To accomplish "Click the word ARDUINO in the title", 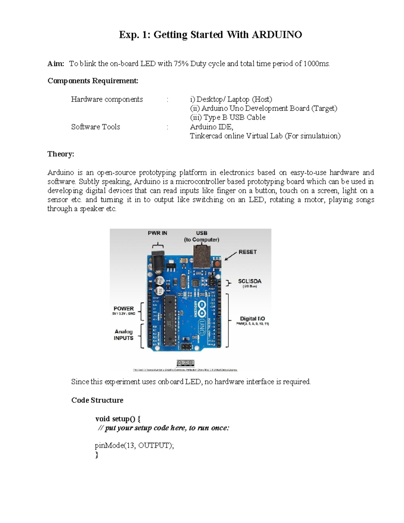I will (x=277, y=35).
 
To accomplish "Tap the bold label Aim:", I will (x=56, y=64).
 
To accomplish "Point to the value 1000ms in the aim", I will (x=316, y=64).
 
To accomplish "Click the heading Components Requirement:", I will (x=93, y=81).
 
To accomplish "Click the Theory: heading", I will (x=61, y=154).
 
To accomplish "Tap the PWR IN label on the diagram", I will (x=157, y=233).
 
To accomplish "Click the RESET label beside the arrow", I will (x=247, y=252).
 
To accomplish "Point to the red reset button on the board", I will (x=217, y=263).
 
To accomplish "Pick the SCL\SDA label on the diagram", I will (x=249, y=281).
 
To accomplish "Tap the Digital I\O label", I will (x=252, y=319).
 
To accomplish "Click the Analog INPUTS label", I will (x=124, y=335).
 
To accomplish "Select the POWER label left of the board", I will (x=124, y=308).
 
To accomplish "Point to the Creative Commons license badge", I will (x=185, y=363).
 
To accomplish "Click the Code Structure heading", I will (x=97, y=400).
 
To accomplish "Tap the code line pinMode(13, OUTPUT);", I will (x=134, y=446).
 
